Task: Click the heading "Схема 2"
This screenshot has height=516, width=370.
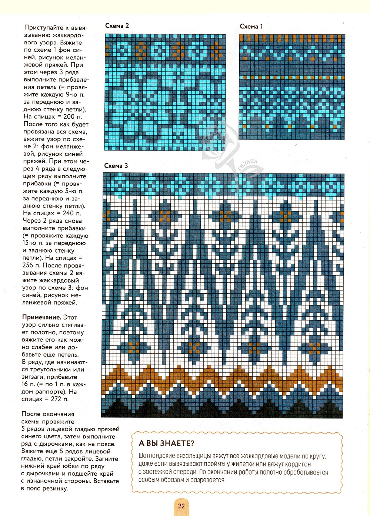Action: tap(117, 26)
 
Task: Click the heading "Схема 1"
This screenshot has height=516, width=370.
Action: tap(251, 26)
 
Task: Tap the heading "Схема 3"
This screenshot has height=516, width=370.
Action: tap(116, 166)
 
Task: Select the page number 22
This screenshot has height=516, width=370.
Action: tap(181, 506)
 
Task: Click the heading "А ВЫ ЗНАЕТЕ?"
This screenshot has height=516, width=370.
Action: tap(166, 443)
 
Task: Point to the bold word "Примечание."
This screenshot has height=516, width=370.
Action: tap(41, 317)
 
